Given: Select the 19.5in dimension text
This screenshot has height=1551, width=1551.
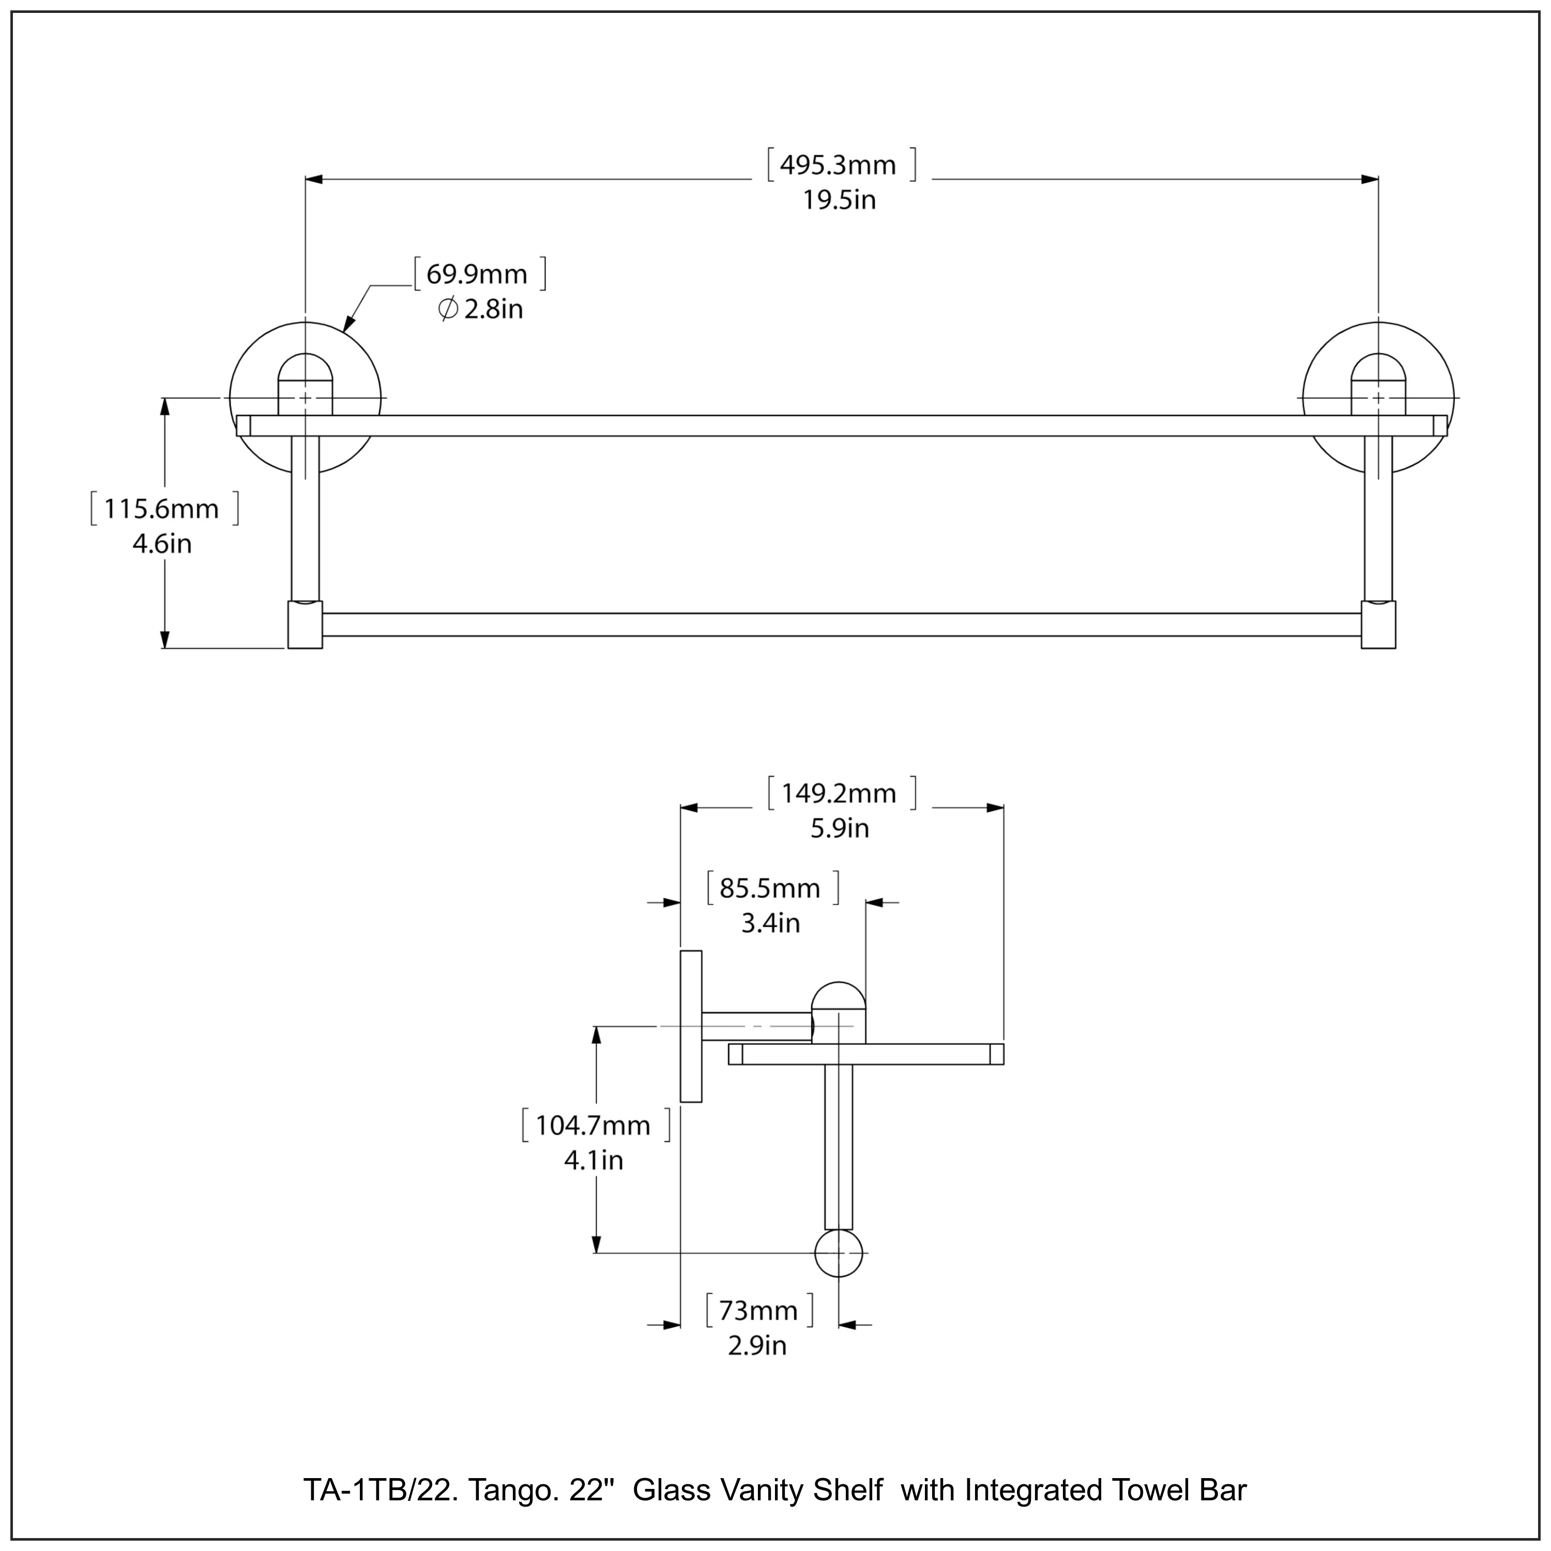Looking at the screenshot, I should (839, 200).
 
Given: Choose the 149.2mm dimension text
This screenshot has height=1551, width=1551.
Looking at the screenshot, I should (839, 794).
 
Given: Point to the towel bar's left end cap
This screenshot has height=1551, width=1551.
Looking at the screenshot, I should (305, 625).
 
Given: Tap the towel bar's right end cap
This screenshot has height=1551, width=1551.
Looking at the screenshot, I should (1378, 625).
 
